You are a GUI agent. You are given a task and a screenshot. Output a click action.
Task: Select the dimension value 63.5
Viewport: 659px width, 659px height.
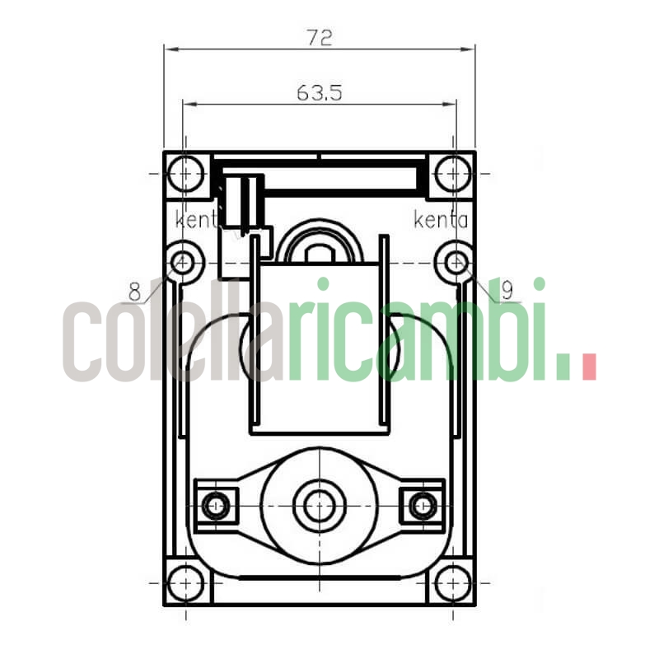[318, 93]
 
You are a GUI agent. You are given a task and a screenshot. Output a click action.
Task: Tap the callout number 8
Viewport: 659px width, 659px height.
[135, 291]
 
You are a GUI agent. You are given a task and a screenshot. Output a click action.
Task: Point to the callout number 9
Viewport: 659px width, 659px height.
[507, 290]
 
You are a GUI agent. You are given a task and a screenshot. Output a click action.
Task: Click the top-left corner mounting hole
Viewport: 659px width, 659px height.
[185, 174]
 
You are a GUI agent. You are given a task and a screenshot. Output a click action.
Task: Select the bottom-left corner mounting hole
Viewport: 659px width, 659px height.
[185, 582]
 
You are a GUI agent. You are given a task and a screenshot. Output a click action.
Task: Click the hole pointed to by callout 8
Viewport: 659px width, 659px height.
[184, 263]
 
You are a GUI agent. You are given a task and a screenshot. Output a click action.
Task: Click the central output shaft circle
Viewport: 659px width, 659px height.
[318, 505]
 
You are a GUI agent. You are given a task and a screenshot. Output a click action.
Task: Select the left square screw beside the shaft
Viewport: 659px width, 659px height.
[217, 504]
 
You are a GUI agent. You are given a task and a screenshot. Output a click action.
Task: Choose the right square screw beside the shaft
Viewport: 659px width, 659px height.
[422, 504]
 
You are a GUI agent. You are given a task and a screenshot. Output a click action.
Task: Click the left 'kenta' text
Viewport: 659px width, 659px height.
[196, 220]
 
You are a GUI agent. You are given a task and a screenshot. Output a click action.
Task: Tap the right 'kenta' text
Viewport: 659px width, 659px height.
[441, 220]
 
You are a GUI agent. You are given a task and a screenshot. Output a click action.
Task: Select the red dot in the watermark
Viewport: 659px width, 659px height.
[588, 367]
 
